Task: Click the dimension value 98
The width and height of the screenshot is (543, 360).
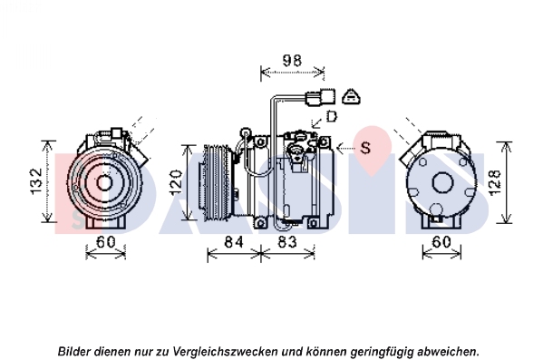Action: point(292,61)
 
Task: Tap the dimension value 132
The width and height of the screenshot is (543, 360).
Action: point(36,181)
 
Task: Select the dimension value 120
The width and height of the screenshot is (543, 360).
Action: point(177,182)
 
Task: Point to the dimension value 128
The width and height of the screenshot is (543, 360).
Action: point(496,182)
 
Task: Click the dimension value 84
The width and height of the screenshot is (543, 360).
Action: point(234,242)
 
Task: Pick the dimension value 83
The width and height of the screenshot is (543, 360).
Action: point(287,242)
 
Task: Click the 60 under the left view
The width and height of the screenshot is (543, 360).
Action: point(106,242)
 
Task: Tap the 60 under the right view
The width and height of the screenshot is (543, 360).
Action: point(441,242)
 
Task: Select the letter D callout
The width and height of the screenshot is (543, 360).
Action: point(332,116)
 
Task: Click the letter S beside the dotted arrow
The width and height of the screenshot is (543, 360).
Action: point(365,148)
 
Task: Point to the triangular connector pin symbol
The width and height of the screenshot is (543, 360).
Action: point(352,96)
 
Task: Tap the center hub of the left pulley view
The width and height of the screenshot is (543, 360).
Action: point(102,182)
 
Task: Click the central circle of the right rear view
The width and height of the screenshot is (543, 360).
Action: point(442,183)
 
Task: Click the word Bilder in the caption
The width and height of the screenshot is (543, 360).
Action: point(73,352)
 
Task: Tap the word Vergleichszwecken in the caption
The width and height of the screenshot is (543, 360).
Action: point(225,352)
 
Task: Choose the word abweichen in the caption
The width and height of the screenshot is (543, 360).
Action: point(448,352)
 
